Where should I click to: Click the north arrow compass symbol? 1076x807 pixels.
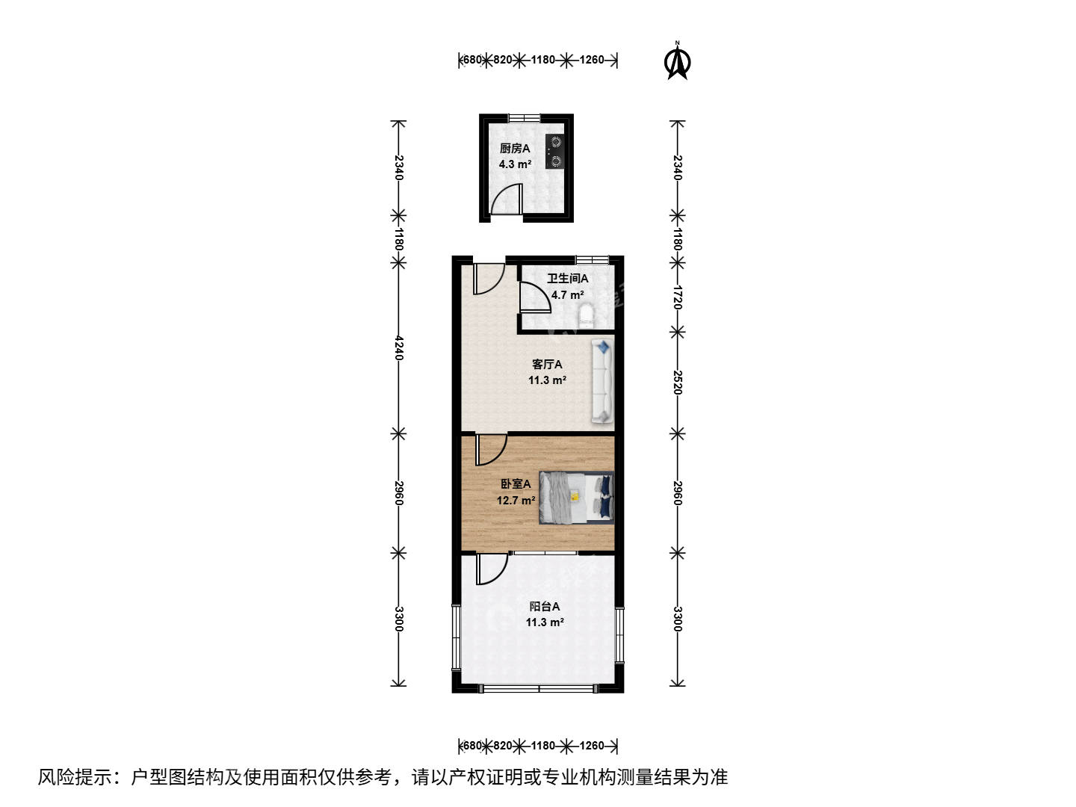coord(678,61)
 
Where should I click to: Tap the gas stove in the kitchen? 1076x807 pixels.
coord(555,152)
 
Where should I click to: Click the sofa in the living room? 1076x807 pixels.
coord(602,381)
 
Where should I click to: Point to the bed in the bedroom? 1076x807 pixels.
coord(576,498)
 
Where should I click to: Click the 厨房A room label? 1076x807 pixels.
coord(515,148)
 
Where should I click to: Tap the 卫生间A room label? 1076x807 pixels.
coord(568,278)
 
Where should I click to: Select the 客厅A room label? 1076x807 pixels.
coord(547,364)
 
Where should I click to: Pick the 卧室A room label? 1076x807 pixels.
coord(516,483)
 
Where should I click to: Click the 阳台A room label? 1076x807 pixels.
coord(545,606)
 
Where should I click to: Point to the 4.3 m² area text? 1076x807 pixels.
coord(515,164)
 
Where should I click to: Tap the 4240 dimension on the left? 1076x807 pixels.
coord(398,348)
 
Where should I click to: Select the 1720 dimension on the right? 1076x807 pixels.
coord(678,297)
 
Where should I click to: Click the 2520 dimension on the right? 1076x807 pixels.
coord(678,382)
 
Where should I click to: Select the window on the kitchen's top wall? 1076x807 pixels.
coord(524,118)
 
